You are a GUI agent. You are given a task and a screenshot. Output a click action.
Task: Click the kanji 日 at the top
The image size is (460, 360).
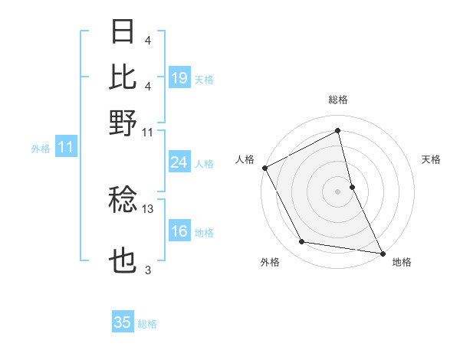pyautogui.click(x=123, y=33)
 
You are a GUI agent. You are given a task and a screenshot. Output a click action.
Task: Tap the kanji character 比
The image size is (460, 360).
pyautogui.click(x=123, y=77)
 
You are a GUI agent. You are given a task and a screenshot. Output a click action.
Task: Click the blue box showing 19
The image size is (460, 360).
pyautogui.click(x=179, y=77)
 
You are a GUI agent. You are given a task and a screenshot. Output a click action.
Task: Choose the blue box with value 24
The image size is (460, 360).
pyautogui.click(x=179, y=162)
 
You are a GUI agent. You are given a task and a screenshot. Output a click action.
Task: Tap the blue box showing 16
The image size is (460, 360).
pyautogui.click(x=179, y=231)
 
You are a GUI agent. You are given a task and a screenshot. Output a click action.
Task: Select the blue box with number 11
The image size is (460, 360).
pyautogui.click(x=66, y=148)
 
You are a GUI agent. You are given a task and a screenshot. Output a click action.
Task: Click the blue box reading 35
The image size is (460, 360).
pyautogui.click(x=123, y=322)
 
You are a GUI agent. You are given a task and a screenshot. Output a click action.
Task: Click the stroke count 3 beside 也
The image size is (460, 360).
pyautogui.click(x=148, y=270)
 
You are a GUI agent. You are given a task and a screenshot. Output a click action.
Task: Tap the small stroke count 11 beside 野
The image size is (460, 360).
pyautogui.click(x=148, y=133)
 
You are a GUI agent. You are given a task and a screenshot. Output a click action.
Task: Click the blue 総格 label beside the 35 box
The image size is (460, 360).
pyautogui.click(x=147, y=324)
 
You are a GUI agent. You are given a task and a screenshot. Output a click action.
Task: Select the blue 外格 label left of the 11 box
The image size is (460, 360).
pyautogui.click(x=40, y=149)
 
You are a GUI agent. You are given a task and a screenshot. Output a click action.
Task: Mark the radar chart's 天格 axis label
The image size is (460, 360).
pyautogui.click(x=431, y=160)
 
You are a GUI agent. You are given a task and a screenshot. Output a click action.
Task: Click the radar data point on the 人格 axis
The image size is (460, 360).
pyautogui.click(x=264, y=167)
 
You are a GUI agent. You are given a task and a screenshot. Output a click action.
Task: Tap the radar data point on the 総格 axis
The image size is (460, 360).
pyautogui.click(x=338, y=130)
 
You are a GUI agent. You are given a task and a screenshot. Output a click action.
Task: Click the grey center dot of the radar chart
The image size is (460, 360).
pyautogui.click(x=338, y=191)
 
